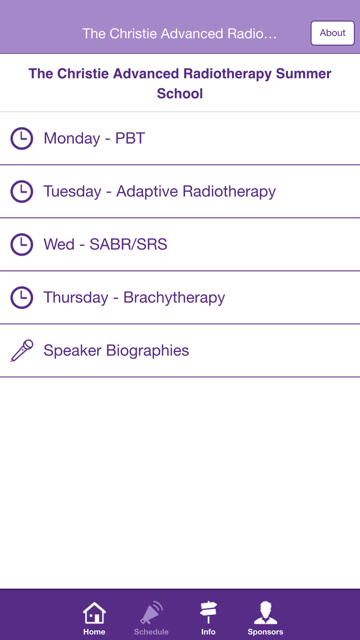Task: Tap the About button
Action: [333, 33]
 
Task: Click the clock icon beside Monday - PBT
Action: [22, 138]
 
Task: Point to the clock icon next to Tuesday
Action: [22, 191]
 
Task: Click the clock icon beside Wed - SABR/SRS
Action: [22, 244]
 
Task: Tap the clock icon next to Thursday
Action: [22, 298]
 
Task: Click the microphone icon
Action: [22, 351]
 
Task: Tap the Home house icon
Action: [94, 613]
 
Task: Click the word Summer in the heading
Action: [303, 73]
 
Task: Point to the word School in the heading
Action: [180, 94]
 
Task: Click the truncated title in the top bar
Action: [180, 33]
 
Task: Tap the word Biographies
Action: [148, 351]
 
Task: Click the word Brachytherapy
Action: [174, 298]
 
